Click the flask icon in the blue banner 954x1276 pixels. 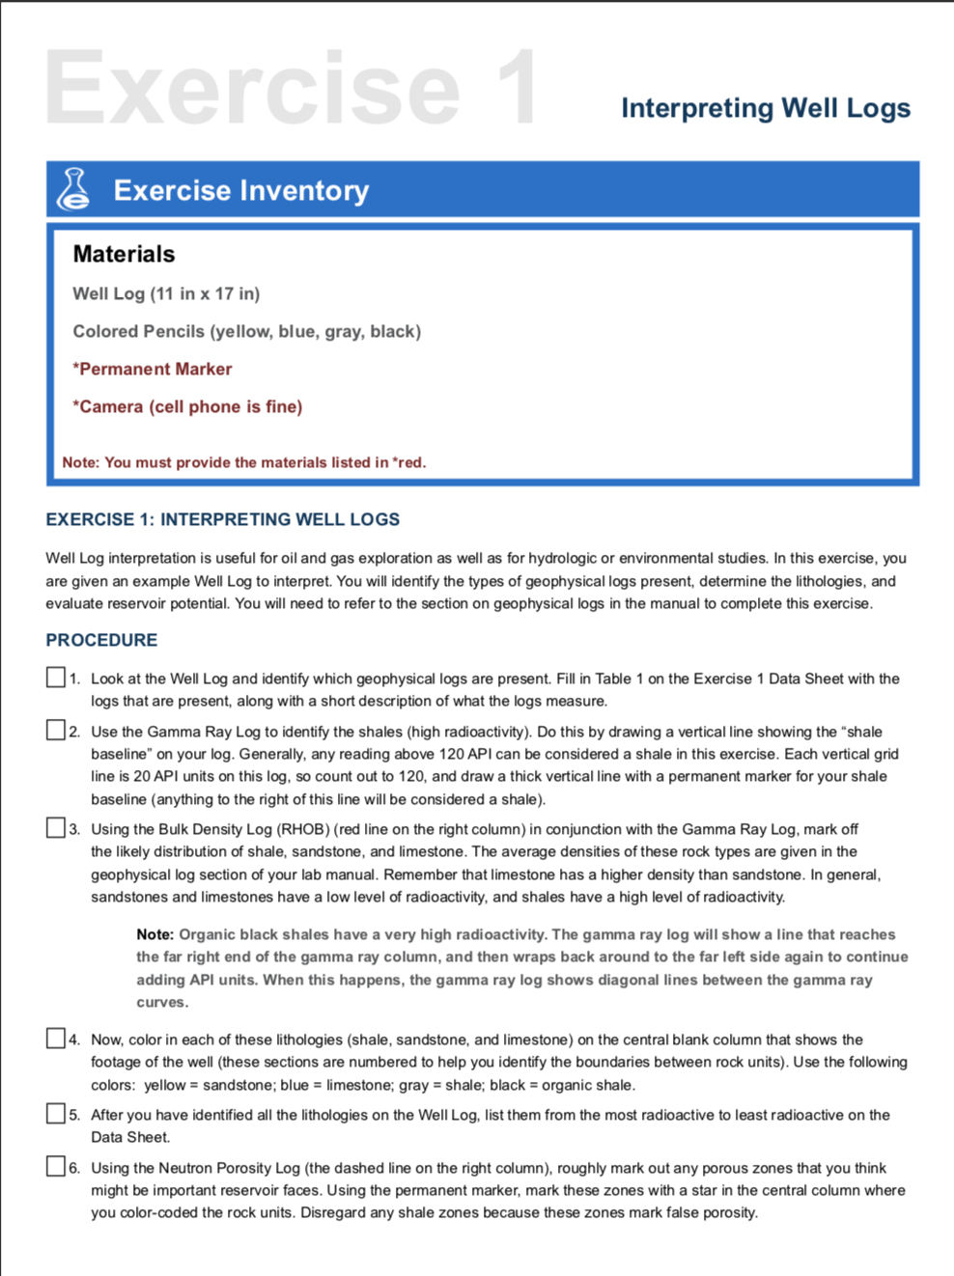[74, 189]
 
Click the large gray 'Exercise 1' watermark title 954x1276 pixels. [290, 89]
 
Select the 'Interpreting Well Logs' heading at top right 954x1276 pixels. [765, 107]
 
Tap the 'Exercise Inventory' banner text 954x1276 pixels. [240, 190]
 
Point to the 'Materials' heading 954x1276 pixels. [124, 254]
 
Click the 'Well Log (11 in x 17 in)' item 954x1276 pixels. [166, 293]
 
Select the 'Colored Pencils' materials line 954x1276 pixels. [246, 331]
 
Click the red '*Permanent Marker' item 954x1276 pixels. [152, 369]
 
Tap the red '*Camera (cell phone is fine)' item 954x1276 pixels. [187, 406]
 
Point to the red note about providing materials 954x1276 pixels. [243, 462]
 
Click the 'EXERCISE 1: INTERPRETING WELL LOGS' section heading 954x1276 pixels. [222, 519]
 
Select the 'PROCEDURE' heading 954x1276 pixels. [101, 640]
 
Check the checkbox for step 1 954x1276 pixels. [56, 678]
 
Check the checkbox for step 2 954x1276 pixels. [56, 731]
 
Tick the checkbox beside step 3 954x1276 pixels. [56, 828]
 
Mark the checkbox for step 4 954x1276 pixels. [56, 1039]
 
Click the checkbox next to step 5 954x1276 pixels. [56, 1114]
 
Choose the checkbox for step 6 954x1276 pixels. [56, 1167]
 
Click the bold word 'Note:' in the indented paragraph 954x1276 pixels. [154, 934]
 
